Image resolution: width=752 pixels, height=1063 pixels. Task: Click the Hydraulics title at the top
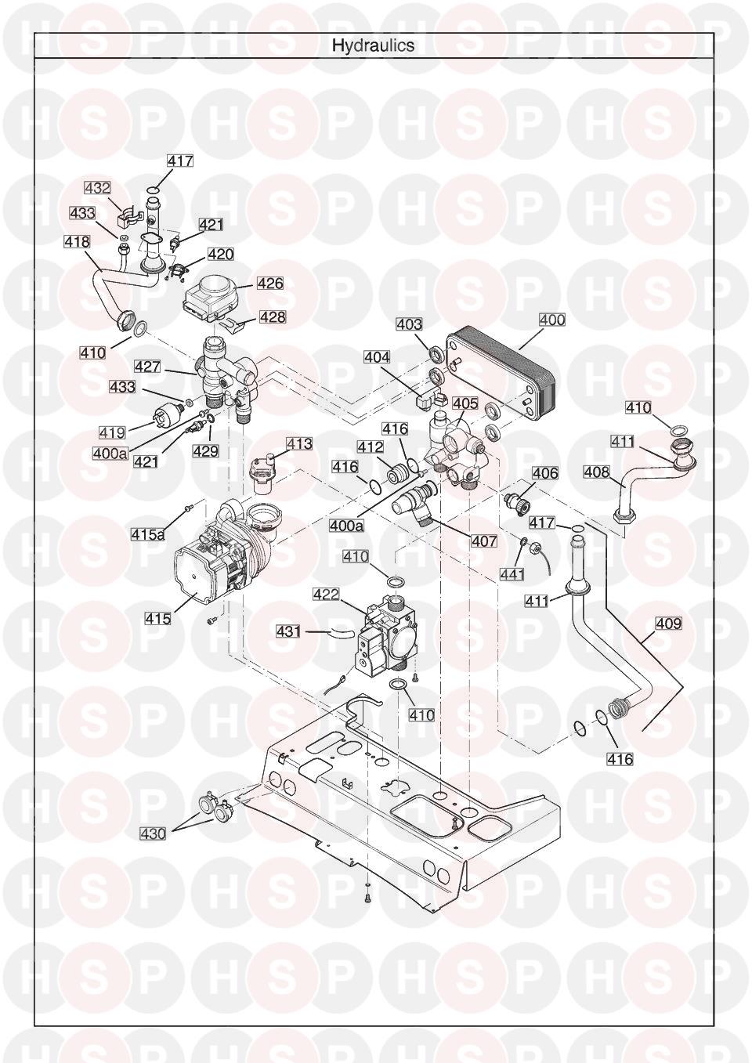(373, 45)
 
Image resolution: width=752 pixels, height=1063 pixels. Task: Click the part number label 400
(552, 320)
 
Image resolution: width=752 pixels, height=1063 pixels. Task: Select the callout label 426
(270, 284)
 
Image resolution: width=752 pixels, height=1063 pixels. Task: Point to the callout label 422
(326, 595)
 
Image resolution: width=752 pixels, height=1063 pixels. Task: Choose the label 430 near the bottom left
(152, 833)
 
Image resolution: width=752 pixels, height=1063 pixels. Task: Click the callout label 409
(668, 624)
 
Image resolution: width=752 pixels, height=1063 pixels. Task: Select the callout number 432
(98, 188)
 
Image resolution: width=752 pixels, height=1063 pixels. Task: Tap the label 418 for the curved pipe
(77, 243)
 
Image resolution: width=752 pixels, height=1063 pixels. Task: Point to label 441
(512, 574)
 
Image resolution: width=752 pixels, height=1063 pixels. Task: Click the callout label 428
(273, 317)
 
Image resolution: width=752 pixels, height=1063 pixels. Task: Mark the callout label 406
(545, 473)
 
